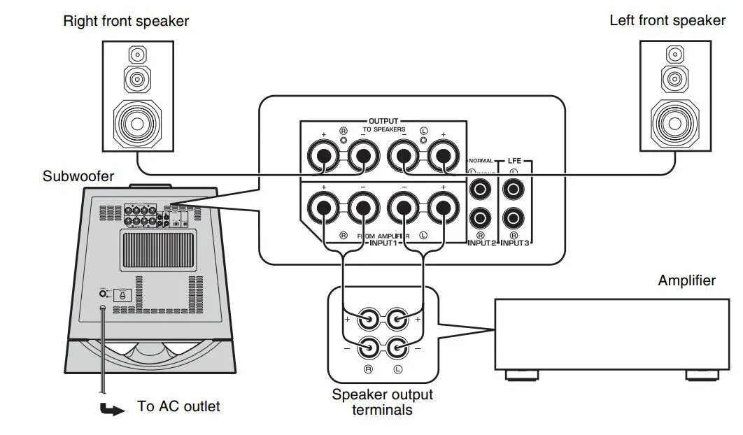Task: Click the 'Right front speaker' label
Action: coord(126,21)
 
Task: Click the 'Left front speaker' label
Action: coord(667,20)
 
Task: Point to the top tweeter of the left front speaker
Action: coord(674,54)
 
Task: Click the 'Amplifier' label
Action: coord(686,280)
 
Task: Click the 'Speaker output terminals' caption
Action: coord(382,401)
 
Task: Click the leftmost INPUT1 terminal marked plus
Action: coord(324,208)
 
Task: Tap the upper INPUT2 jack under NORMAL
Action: coord(480,188)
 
